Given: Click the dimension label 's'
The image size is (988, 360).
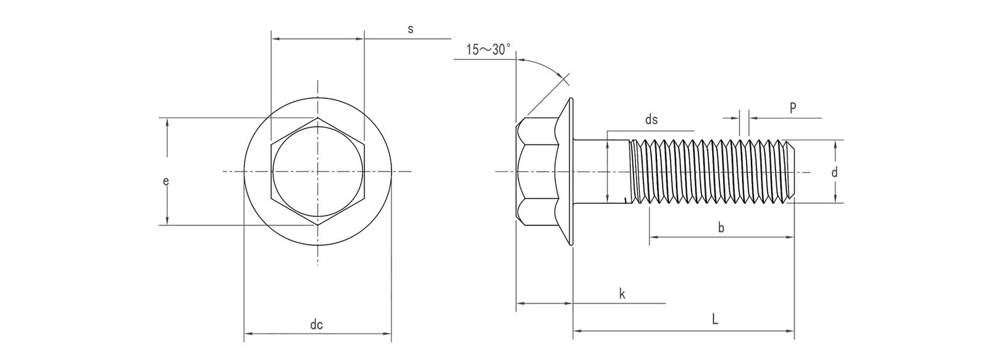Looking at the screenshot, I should click(410, 29).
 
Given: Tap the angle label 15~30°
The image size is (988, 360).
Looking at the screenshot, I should click(488, 50).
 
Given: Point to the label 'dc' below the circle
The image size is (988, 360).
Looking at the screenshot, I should click(317, 325).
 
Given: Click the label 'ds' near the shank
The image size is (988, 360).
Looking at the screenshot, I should click(651, 120).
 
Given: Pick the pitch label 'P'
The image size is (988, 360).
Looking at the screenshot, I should click(792, 108).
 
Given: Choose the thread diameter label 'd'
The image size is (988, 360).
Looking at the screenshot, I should click(834, 173).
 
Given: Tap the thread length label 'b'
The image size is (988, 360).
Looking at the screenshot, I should click(721, 228).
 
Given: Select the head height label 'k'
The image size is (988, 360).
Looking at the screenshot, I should click(622, 294).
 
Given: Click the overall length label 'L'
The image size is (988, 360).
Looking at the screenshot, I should click(714, 320).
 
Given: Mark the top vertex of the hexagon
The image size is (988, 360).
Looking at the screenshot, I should click(318, 117).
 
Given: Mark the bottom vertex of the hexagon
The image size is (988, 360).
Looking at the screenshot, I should click(318, 225).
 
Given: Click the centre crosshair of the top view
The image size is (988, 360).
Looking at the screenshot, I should click(318, 171).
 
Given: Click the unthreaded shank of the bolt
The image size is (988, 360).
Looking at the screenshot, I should click(602, 171).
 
